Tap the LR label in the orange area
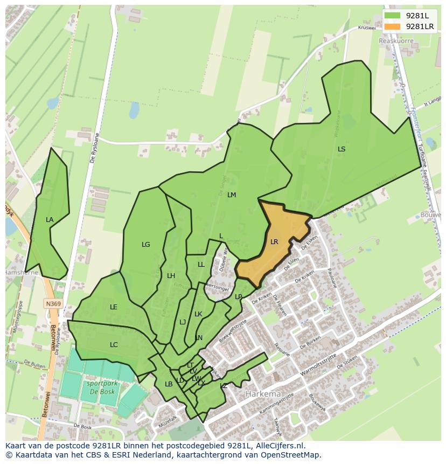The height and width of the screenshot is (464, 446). pos(274,242)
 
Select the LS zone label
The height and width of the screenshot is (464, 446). pos(342,149)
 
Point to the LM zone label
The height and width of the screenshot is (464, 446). pos(232,195)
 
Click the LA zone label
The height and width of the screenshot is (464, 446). pos(50,220)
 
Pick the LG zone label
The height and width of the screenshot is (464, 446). pos(145,245)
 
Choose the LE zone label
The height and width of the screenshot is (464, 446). pos(114,307)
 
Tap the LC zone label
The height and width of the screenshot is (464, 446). pos(114,345)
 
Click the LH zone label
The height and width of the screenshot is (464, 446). pos(171,276)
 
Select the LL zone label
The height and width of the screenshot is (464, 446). pos(201,265)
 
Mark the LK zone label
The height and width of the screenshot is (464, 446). pos(198,314)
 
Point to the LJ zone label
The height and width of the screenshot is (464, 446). pos(183,322)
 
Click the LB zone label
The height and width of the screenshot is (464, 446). pos(169,384)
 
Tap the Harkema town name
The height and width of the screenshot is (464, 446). pos(262,394)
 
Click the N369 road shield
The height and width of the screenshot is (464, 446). pos(53,304)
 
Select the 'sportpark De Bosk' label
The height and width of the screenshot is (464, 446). pos(100,387)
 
